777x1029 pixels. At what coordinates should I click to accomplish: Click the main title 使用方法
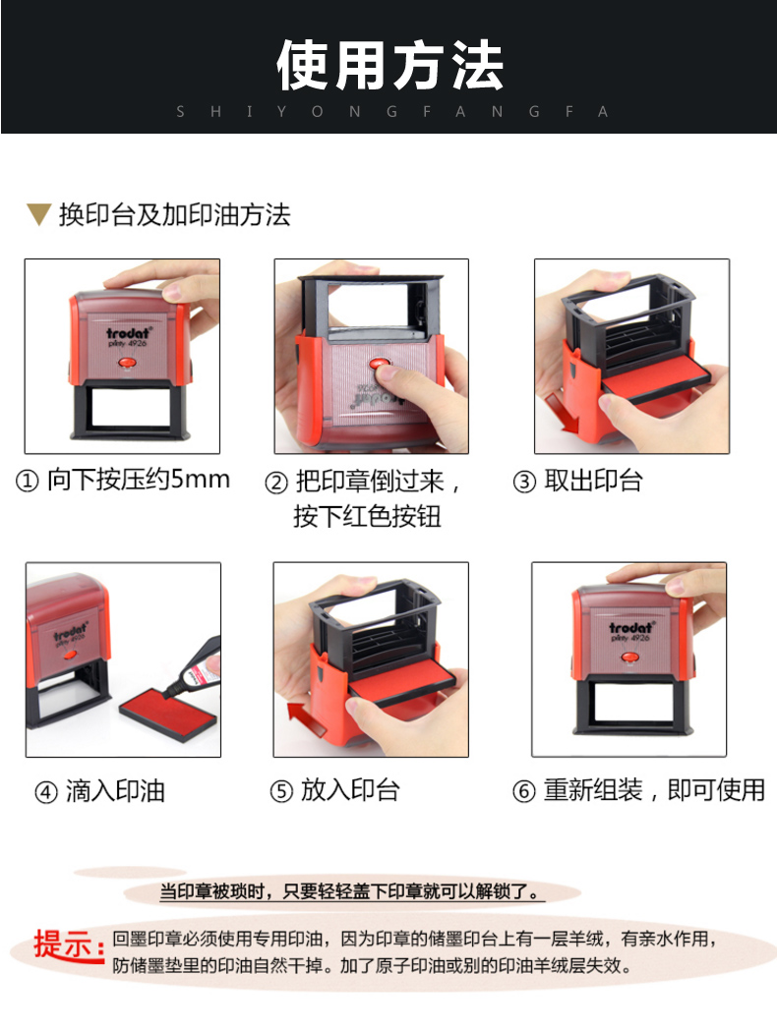[x=390, y=65]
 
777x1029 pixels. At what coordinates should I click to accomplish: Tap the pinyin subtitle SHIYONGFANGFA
[x=392, y=112]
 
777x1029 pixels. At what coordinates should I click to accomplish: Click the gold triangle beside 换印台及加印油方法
[x=38, y=214]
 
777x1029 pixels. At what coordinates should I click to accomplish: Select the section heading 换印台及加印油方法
[x=175, y=215]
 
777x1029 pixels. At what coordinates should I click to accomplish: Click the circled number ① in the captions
[x=27, y=482]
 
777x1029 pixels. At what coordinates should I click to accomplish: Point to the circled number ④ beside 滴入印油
[x=46, y=792]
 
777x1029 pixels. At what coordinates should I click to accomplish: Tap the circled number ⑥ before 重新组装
[x=524, y=791]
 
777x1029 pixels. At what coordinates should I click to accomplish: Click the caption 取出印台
[x=593, y=481]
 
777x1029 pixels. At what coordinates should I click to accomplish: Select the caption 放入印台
[x=350, y=790]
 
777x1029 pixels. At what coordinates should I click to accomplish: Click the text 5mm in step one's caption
[x=201, y=479]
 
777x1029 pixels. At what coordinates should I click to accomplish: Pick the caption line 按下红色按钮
[x=367, y=517]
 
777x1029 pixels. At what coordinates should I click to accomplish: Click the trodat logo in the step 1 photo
[x=129, y=333]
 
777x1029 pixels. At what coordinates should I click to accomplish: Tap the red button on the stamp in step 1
[x=126, y=363]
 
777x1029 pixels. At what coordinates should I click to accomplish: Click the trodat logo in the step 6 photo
[x=630, y=628]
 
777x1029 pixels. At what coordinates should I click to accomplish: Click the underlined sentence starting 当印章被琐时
[x=351, y=891]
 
